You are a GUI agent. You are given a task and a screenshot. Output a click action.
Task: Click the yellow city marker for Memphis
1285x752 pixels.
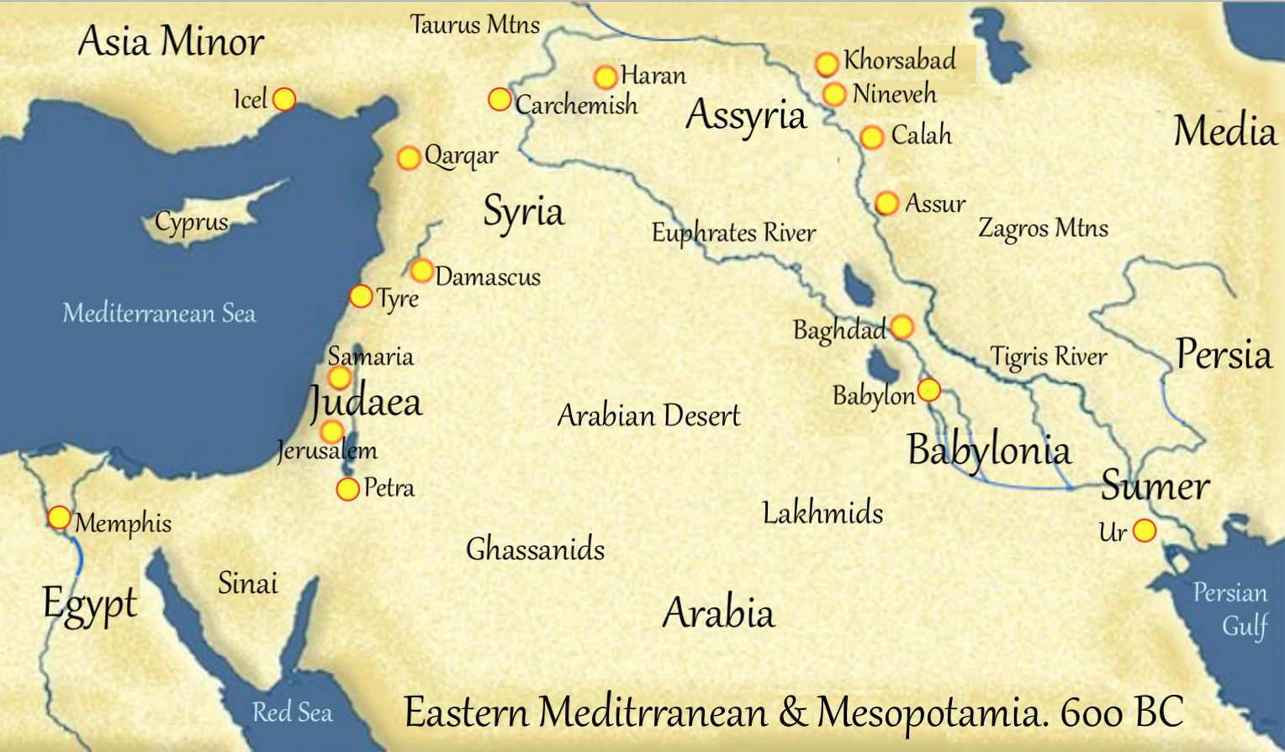(59, 517)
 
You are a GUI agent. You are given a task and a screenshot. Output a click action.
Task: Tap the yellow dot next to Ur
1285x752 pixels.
(1144, 531)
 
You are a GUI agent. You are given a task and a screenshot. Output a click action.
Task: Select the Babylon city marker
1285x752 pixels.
(928, 390)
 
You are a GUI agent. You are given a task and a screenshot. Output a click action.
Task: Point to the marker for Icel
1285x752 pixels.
(284, 99)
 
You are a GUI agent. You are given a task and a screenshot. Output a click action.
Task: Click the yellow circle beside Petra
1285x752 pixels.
(347, 489)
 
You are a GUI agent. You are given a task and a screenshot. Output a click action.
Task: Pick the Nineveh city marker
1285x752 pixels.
(833, 94)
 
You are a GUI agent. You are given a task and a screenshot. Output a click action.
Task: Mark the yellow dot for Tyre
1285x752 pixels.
(361, 296)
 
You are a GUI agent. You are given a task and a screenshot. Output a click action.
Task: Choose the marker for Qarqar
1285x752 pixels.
(409, 157)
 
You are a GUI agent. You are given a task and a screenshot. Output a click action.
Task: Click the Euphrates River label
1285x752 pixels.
(733, 233)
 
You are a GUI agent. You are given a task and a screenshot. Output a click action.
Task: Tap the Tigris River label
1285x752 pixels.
(1048, 357)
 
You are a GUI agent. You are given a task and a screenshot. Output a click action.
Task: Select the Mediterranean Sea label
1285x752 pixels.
(159, 314)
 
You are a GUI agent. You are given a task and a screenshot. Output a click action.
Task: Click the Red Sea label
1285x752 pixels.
(292, 712)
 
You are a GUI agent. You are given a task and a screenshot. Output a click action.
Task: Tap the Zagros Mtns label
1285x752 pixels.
(1043, 228)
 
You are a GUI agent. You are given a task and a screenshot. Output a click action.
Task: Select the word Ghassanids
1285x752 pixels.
(535, 549)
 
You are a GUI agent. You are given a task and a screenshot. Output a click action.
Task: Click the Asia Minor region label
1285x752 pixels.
(171, 41)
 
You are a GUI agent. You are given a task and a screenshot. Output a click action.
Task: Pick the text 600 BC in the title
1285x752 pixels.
(1122, 712)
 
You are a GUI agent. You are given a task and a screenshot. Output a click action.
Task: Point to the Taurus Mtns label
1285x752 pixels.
(474, 24)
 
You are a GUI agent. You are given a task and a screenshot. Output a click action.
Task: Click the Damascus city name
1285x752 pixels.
(488, 277)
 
